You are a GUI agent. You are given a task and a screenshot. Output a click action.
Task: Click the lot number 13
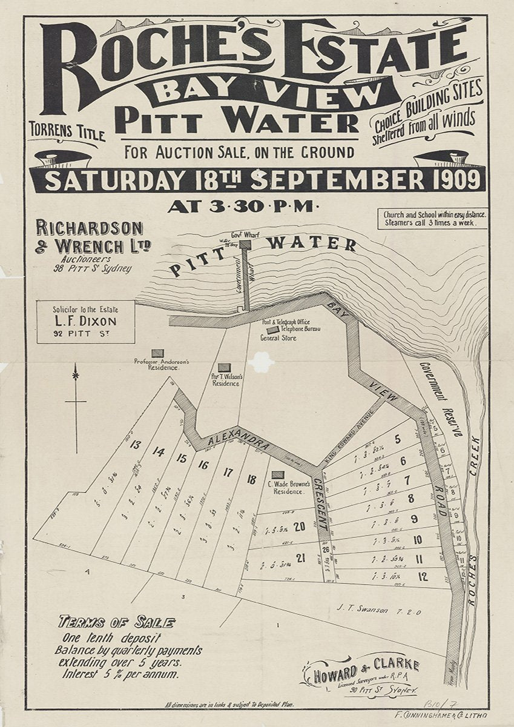coord(135,445)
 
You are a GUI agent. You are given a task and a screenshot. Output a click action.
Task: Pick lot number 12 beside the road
coord(423,576)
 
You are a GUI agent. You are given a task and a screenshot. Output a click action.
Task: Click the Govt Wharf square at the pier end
coord(245,244)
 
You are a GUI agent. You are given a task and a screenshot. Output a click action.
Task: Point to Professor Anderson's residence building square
coord(157,353)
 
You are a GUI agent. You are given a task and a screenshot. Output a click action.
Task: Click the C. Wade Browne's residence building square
coord(277,474)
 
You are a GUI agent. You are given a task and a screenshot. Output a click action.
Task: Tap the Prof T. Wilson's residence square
coord(224,367)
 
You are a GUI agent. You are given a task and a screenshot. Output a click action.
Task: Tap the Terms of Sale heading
coord(116,622)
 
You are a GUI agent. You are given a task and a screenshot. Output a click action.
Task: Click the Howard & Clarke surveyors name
coord(367,666)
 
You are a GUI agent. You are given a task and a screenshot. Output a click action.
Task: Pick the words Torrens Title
coord(67,131)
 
